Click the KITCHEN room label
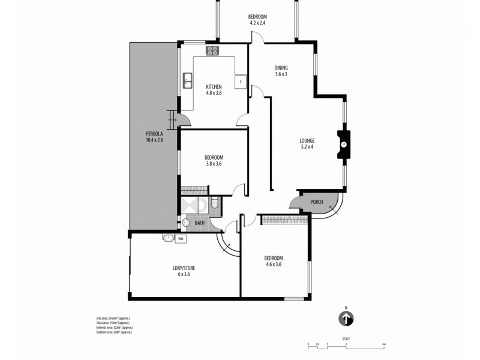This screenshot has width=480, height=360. pos(214,85)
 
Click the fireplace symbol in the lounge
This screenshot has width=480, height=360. pos(344,145)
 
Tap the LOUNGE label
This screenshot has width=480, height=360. pos(307,142)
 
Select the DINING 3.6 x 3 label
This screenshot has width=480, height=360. pos(281,71)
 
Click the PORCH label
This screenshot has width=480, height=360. pos(316,202)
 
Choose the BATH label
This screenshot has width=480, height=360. pos(199,224)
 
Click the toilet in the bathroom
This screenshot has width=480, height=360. pos(214,204)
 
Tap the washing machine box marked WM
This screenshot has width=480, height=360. pos(181,238)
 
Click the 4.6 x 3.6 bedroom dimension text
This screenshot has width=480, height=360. pos(273,264)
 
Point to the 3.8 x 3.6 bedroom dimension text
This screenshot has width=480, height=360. pos(214,163)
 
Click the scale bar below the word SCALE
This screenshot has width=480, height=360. pos(346,344)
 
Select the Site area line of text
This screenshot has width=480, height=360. pos(109,317)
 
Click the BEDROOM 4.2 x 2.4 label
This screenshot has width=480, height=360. pos(257,19)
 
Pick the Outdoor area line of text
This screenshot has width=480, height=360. pos(110,332)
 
